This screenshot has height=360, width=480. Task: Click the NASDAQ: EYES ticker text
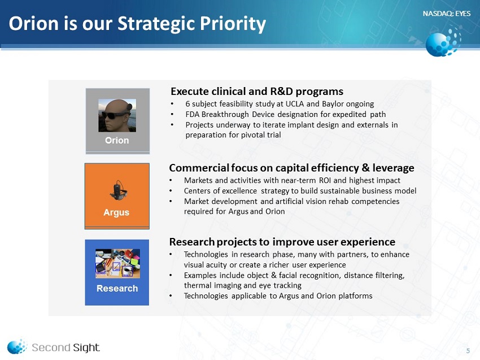446,14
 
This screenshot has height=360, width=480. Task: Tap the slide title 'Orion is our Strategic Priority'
137,24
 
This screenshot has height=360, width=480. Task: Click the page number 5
468,351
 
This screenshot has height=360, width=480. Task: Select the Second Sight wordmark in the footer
66,348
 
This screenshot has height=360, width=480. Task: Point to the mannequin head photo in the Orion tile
117,115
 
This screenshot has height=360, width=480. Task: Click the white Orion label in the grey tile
117,140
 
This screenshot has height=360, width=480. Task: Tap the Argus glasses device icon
118,190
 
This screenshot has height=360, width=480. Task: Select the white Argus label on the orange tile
116,212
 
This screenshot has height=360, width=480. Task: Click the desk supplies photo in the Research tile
117,263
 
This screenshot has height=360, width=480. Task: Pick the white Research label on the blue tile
117,288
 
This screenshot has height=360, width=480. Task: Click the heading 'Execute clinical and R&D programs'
257,92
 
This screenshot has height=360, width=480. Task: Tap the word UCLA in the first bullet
294,104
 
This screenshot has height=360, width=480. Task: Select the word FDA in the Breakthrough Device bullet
192,114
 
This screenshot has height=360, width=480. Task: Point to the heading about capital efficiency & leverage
291,168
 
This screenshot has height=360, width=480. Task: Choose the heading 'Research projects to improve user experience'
282,242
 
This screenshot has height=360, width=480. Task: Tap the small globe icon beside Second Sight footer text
17,346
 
